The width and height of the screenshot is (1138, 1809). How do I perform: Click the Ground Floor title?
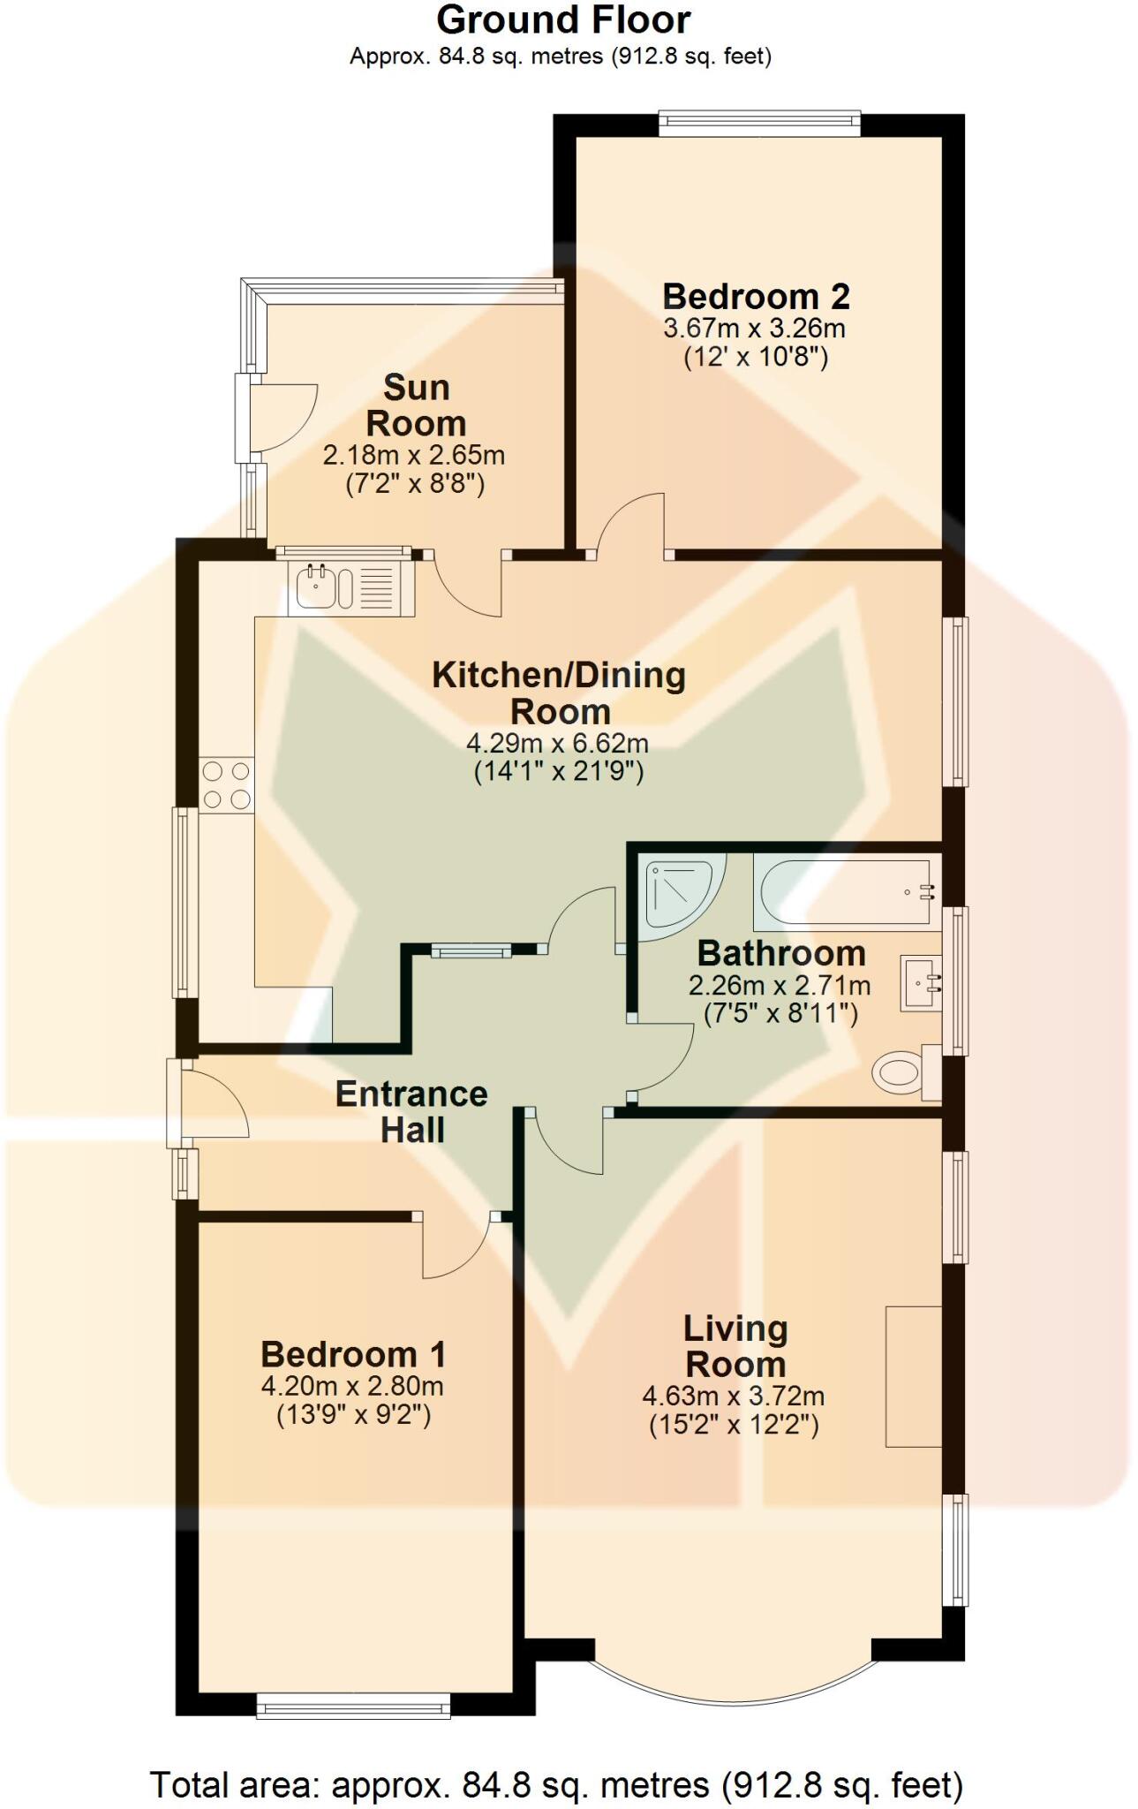[563, 20]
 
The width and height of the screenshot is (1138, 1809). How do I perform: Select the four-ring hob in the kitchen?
[227, 785]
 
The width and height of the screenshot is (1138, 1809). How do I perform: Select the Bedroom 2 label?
[756, 297]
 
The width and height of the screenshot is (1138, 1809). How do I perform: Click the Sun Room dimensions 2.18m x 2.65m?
[413, 456]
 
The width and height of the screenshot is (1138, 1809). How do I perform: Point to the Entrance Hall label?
[411, 1112]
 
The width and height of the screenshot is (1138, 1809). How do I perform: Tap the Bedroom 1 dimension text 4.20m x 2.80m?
[352, 1386]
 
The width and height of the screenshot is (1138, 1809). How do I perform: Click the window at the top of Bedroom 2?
[759, 123]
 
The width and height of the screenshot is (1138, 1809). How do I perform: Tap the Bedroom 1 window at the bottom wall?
[353, 1706]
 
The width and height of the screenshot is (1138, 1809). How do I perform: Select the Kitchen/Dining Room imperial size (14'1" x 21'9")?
[559, 772]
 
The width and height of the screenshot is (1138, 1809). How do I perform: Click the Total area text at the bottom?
[556, 1785]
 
